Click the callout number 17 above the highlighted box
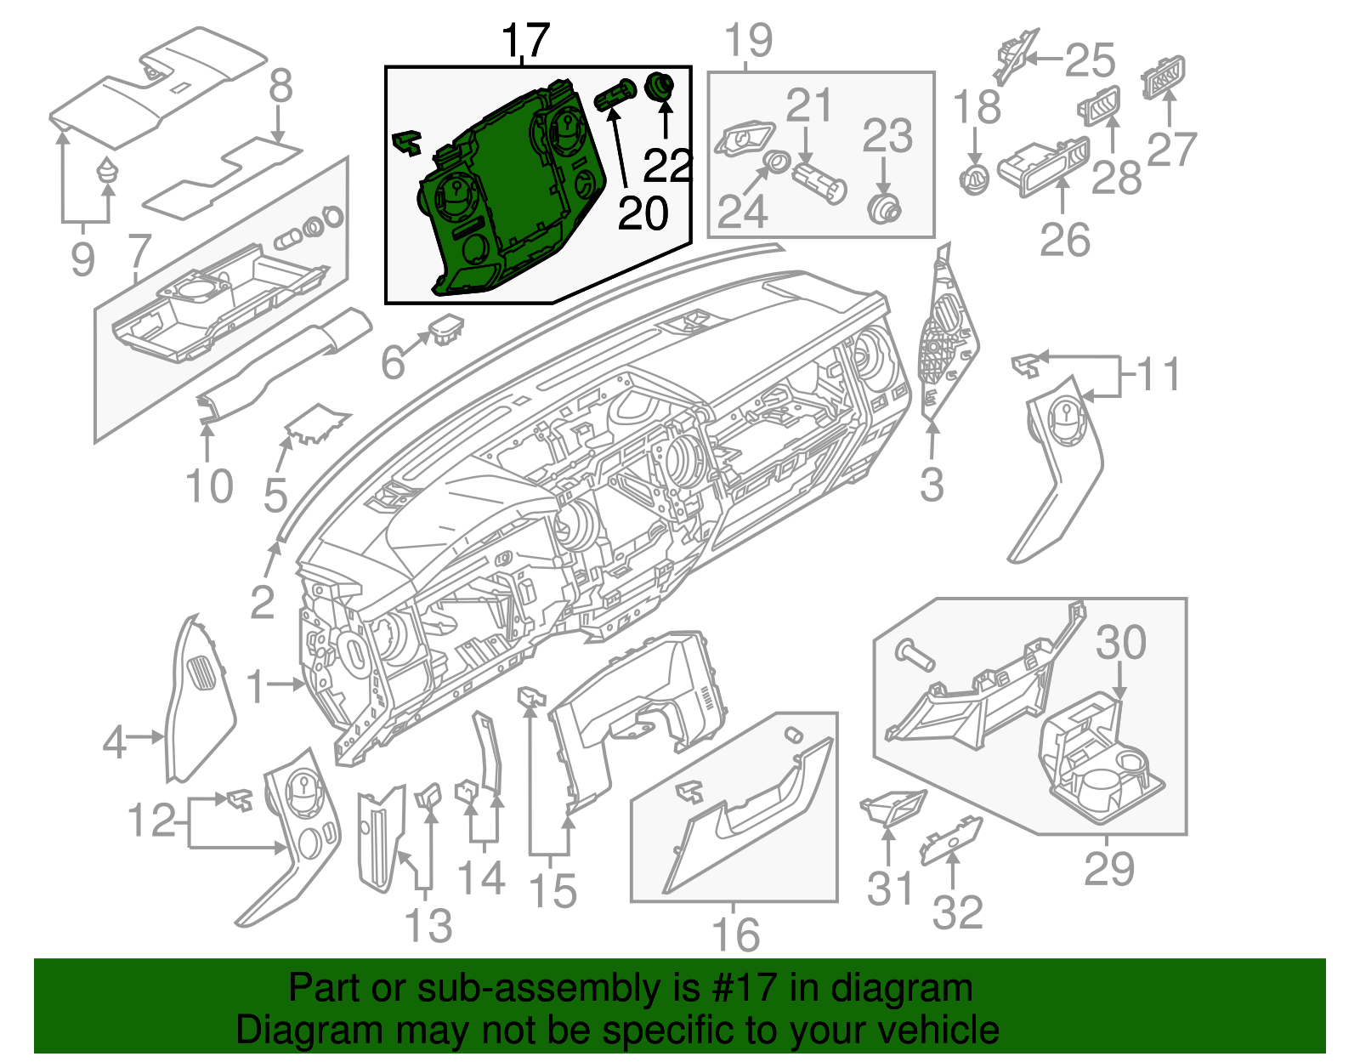525,40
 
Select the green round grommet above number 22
659,85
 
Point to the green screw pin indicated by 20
615,95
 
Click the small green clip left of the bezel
406,142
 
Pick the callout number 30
1120,643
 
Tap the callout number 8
280,86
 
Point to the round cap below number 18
974,180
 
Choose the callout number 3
932,485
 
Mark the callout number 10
208,486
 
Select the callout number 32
958,912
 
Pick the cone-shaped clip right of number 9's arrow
108,170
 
